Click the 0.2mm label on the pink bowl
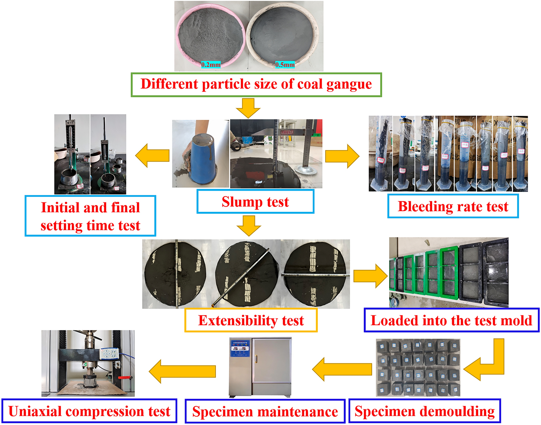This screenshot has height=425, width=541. [x=210, y=64]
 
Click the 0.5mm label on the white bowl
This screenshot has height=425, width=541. [x=285, y=64]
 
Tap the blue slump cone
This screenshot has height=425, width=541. [x=202, y=158]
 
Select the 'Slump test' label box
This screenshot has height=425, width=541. [x=255, y=202]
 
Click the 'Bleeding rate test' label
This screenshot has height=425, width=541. [x=453, y=206]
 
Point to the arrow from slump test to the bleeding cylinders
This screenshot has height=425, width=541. [x=342, y=156]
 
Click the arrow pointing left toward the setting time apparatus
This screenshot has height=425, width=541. [x=152, y=155]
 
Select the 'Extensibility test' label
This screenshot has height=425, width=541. [x=251, y=320]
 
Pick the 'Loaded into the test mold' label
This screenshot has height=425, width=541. [x=451, y=320]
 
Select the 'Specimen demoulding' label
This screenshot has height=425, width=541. [x=424, y=411]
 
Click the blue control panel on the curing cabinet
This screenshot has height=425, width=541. [x=240, y=348]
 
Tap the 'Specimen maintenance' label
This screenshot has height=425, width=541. [x=265, y=412]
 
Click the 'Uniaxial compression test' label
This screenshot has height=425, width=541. [x=89, y=411]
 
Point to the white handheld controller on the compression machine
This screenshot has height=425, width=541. [x=109, y=354]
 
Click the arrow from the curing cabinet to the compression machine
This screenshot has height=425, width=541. [x=182, y=371]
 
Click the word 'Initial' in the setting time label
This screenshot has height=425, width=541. [x=60, y=208]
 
